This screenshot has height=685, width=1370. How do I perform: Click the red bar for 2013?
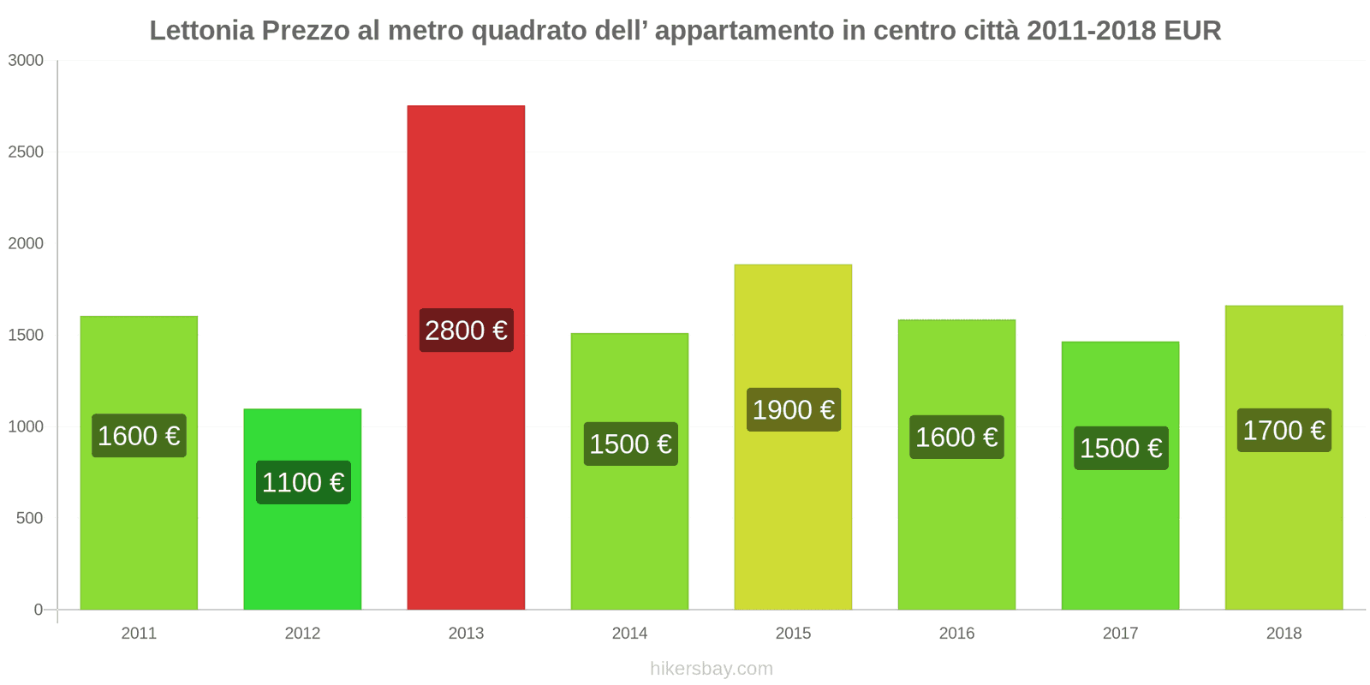[466, 214]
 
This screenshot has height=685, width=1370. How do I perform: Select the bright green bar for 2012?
[302, 548]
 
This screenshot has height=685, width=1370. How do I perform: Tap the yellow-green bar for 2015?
[793, 514]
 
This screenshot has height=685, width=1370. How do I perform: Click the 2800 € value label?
[466, 330]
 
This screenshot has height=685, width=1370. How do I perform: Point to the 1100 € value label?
[302, 482]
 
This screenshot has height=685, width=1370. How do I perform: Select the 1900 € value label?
[793, 409]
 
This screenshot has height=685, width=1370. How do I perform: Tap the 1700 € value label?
[1284, 430]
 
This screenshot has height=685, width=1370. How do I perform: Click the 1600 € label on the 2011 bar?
[139, 435]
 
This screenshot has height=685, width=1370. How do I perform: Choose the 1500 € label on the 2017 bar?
[1120, 448]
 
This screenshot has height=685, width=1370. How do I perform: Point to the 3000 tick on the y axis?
[26, 60]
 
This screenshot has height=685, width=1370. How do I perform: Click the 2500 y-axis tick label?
[26, 152]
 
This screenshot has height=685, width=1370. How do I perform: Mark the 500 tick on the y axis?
[29, 518]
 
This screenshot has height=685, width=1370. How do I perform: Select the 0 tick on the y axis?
[38, 610]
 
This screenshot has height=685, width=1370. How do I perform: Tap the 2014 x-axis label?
[629, 633]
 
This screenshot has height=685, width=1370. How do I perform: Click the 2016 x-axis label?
[956, 633]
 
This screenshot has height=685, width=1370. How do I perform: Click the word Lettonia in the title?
[202, 31]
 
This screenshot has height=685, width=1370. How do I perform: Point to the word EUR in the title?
[1192, 31]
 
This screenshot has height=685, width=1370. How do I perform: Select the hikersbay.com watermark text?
[711, 668]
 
